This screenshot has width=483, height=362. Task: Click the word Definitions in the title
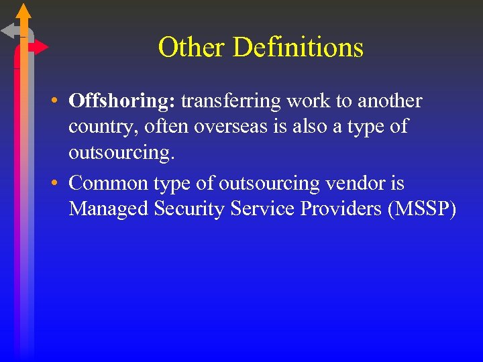pos(299,48)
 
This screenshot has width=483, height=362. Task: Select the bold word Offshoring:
pos(122,101)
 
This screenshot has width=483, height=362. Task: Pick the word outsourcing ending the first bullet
pos(121,152)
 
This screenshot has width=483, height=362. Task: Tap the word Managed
pos(109,208)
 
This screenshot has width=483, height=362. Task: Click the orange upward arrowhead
pos(23,11)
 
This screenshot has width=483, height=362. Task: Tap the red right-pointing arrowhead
pos(41,47)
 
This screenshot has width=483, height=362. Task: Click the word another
pos(390,101)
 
